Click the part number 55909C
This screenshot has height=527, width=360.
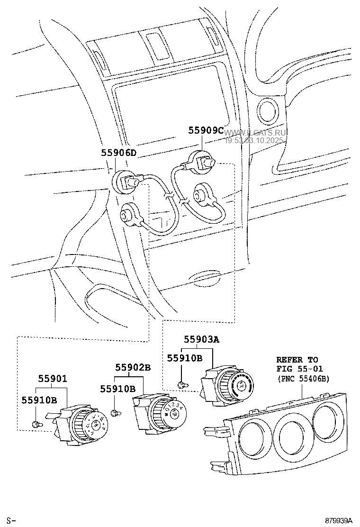tap(206, 130)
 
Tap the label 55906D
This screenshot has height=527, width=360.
tap(118, 153)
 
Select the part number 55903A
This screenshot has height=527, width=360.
tap(202, 339)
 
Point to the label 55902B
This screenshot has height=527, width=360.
tap(133, 367)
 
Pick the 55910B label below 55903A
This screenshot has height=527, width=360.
tap(184, 358)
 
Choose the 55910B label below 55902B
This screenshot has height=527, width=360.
tap(117, 389)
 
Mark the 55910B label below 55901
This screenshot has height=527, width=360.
tap(39, 400)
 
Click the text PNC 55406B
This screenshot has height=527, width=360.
tap(303, 379)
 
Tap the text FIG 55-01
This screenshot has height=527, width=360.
tap(300, 369)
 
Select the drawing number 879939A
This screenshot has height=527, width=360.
tap(339, 521)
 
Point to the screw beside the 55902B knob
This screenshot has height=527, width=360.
tap(114, 413)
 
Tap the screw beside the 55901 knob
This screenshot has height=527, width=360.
tap(36, 423)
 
